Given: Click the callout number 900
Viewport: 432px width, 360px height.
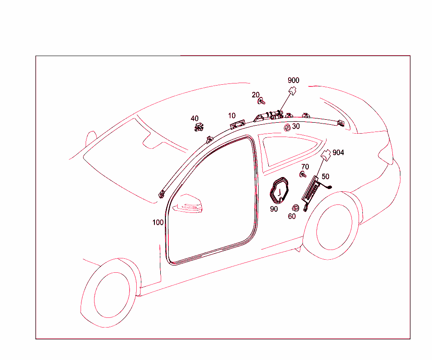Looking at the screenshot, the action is [293, 80].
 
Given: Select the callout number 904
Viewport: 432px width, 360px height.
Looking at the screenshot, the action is [338, 153].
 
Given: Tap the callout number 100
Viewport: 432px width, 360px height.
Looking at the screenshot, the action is [158, 223].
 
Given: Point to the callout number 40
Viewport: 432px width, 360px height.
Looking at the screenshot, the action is [194, 118].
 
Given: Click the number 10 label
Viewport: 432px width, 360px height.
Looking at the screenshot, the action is [232, 116].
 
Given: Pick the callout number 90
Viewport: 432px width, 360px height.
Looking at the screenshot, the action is [274, 209].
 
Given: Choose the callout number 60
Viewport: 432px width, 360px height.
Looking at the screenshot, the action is [292, 216].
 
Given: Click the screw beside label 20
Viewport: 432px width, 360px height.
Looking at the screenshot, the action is [261, 101].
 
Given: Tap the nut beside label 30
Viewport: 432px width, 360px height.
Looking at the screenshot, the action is [287, 128].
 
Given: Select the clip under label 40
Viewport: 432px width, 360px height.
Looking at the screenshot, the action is [199, 127].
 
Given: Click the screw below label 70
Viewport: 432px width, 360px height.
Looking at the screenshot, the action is [303, 175].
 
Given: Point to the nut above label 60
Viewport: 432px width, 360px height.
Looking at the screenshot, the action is [295, 208].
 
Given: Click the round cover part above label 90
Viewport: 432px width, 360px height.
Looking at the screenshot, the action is [279, 191].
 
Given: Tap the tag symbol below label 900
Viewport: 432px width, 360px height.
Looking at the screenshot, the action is [292, 91].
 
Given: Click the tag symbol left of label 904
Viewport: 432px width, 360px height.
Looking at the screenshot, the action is [326, 155].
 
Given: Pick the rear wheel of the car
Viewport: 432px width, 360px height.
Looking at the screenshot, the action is [334, 226].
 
